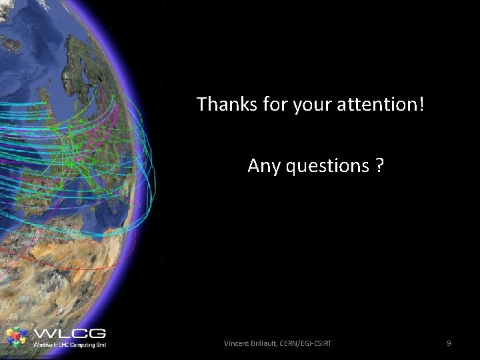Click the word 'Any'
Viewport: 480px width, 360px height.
(x=264, y=165)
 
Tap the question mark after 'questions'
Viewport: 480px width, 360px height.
(x=379, y=165)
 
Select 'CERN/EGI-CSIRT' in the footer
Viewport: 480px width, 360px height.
(x=310, y=343)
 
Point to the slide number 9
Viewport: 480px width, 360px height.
(x=449, y=343)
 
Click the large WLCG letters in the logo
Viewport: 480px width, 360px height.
(x=69, y=333)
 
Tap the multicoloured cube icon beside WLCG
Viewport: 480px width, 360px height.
(x=17, y=337)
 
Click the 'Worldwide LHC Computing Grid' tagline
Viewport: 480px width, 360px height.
(x=69, y=345)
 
